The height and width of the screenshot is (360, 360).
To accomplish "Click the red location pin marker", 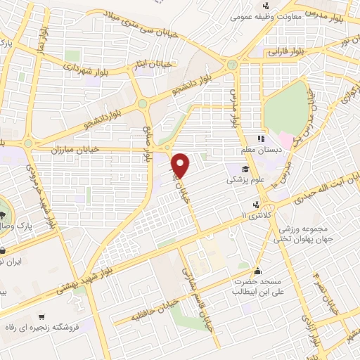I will tap(181, 165).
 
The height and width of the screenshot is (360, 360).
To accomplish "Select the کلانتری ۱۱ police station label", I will tap(256, 213).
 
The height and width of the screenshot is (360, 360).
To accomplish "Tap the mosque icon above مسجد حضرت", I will tap(258, 271).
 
